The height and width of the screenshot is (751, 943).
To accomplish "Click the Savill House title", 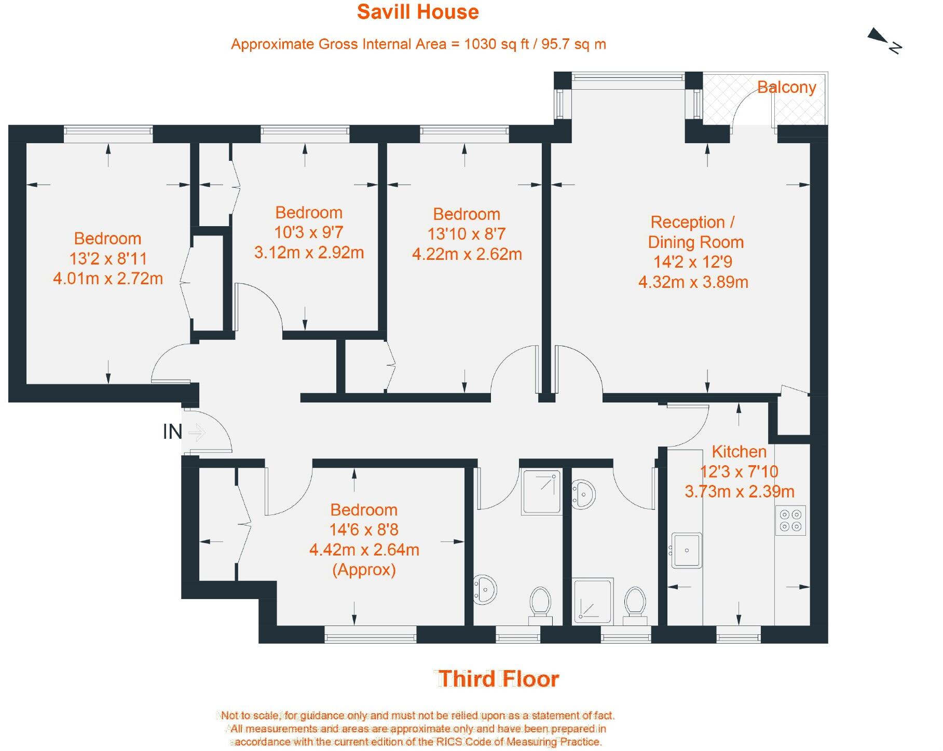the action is point(418,12).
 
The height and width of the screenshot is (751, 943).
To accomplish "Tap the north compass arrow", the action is point(879,36).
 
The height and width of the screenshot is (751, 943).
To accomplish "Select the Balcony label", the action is point(786,87).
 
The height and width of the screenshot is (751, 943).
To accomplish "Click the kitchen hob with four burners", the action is point(790,520).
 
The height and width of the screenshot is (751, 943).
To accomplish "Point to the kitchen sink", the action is point(686,550).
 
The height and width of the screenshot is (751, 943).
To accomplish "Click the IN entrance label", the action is point(172,432).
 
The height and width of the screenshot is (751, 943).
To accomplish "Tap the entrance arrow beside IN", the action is point(197,432).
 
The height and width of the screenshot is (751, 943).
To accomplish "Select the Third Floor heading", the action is point(499,679).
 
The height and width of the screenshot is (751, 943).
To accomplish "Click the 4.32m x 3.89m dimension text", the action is point(693,282).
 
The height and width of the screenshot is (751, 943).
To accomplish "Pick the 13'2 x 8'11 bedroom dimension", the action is point(108,258).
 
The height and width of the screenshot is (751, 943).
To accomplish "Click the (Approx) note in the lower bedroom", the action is point(364,569).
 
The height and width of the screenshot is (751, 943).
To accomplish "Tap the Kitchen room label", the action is point(739,451).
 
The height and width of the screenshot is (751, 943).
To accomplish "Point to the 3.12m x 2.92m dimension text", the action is point(309,253).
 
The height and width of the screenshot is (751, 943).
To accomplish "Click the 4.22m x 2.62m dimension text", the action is point(467,254).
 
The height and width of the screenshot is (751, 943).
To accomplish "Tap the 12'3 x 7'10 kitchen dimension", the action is point(739,471).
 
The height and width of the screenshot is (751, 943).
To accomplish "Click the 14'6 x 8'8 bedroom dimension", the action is point(364,530).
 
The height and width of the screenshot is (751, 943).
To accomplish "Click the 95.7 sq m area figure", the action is point(573,44).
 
